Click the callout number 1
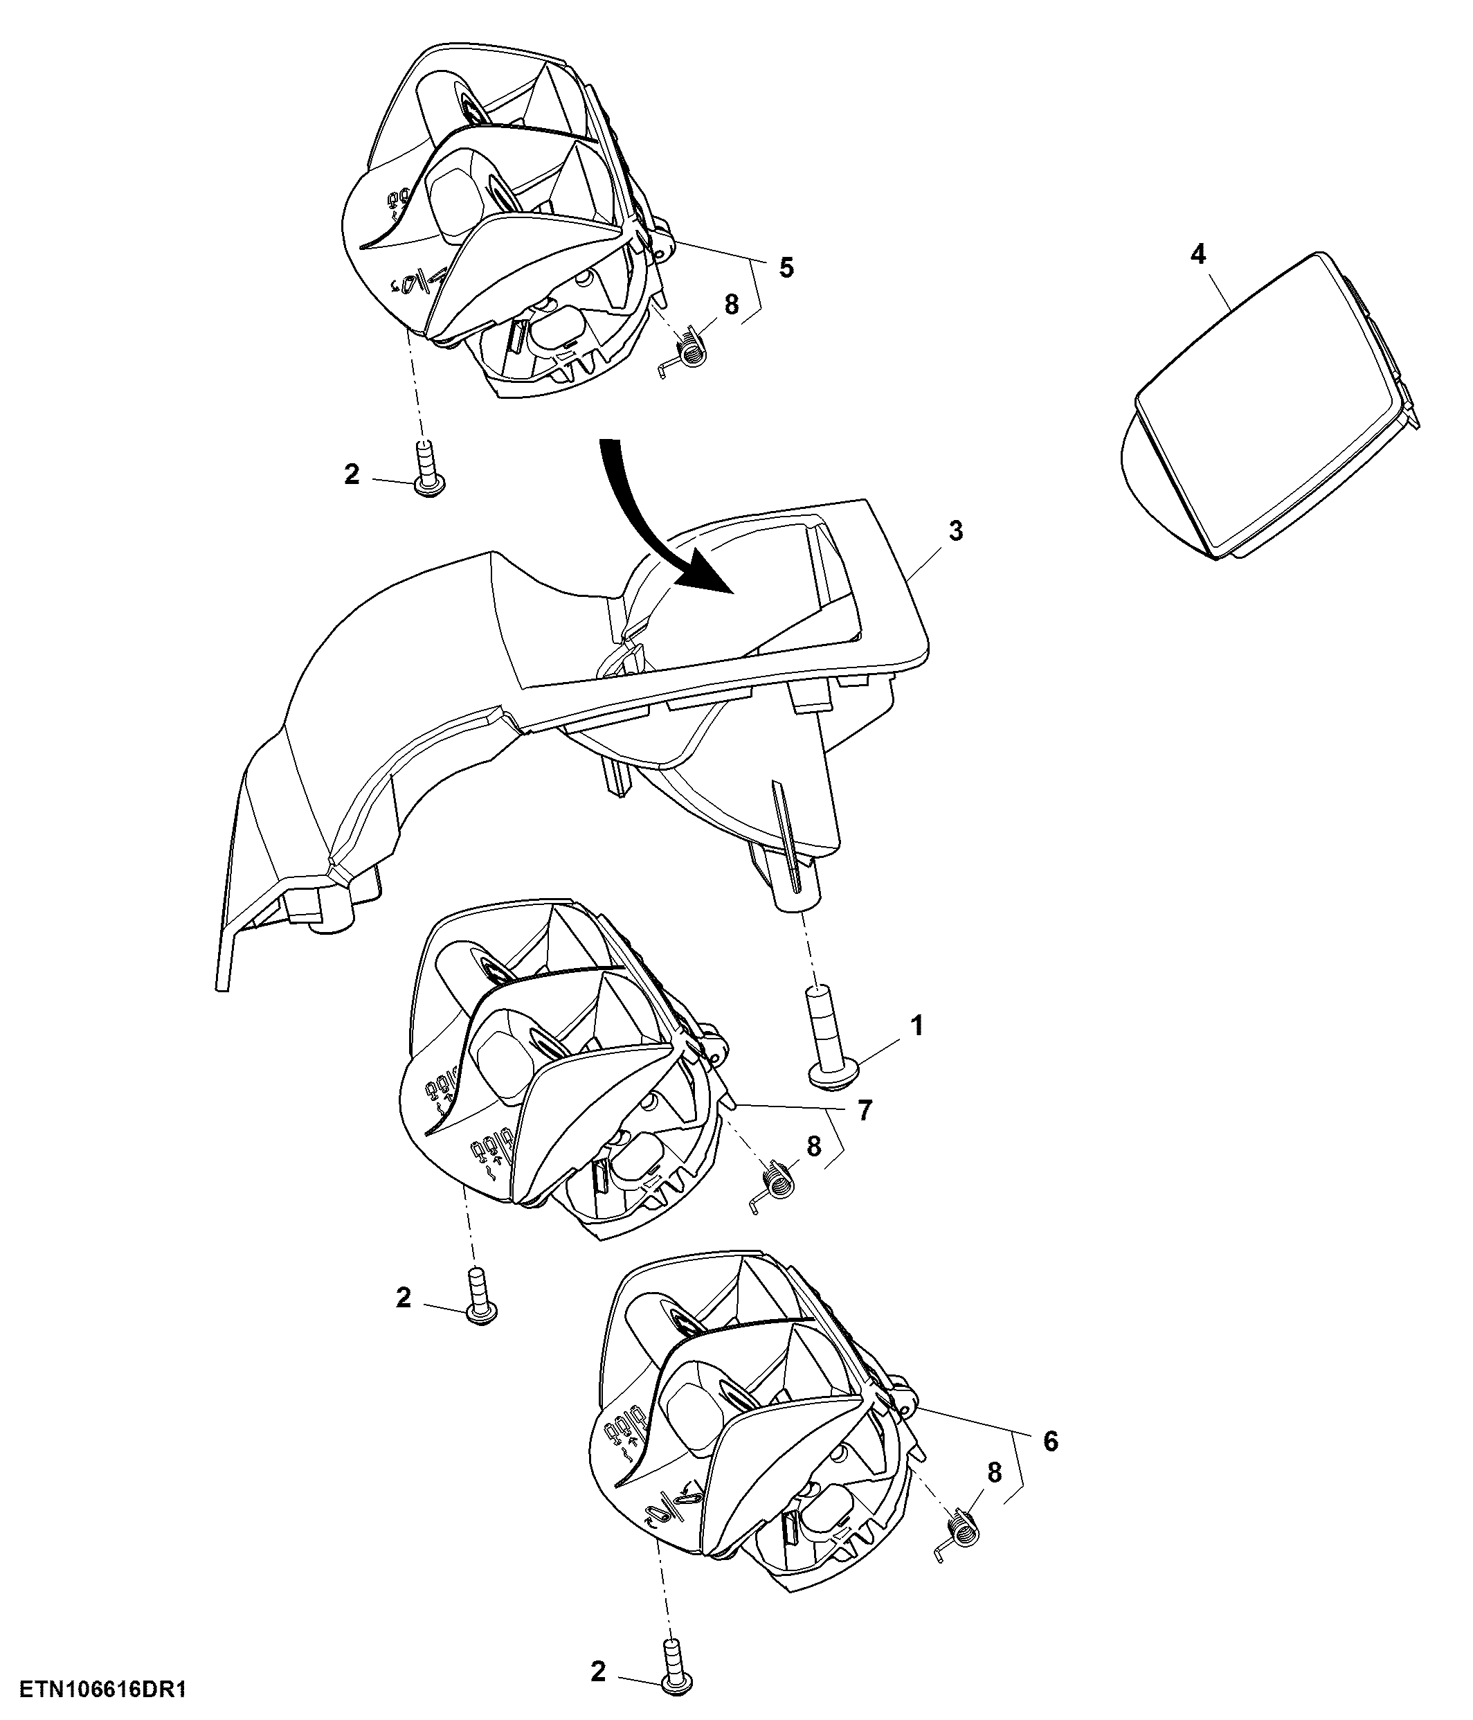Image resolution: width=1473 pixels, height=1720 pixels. tap(917, 1027)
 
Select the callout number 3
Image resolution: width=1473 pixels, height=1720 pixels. tap(956, 531)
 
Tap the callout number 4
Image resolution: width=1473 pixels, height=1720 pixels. tap(1198, 255)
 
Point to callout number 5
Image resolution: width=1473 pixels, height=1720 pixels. tap(785, 267)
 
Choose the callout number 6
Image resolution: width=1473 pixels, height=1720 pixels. tap(1051, 1442)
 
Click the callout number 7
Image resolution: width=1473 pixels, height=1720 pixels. tap(865, 1111)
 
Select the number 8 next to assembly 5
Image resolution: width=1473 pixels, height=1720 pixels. tap(731, 305)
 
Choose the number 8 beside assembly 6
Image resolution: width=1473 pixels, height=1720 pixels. tap(994, 1473)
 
